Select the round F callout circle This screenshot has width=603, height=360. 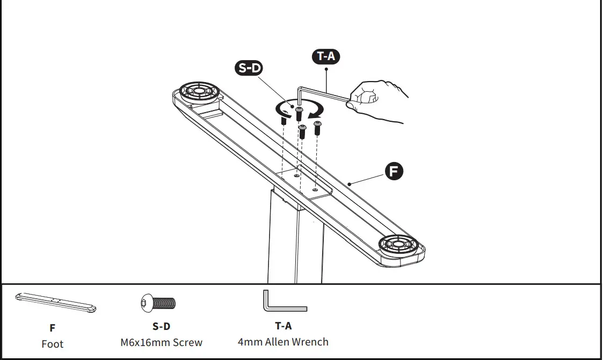[x=394, y=172]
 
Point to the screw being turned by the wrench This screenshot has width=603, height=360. [x=299, y=113]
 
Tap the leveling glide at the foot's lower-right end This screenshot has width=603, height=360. [x=399, y=245]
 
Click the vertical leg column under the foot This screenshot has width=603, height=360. [x=295, y=241]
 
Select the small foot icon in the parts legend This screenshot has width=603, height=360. [x=56, y=303]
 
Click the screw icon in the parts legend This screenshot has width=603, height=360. [x=158, y=303]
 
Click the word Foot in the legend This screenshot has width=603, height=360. [x=53, y=344]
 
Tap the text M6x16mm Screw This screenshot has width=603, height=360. [x=162, y=342]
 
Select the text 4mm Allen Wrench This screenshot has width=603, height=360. [x=283, y=342]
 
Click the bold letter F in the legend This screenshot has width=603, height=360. [x=53, y=328]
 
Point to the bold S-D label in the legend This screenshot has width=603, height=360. [x=161, y=326]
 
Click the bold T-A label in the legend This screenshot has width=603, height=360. [x=284, y=326]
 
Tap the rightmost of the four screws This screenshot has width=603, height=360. [x=317, y=128]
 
